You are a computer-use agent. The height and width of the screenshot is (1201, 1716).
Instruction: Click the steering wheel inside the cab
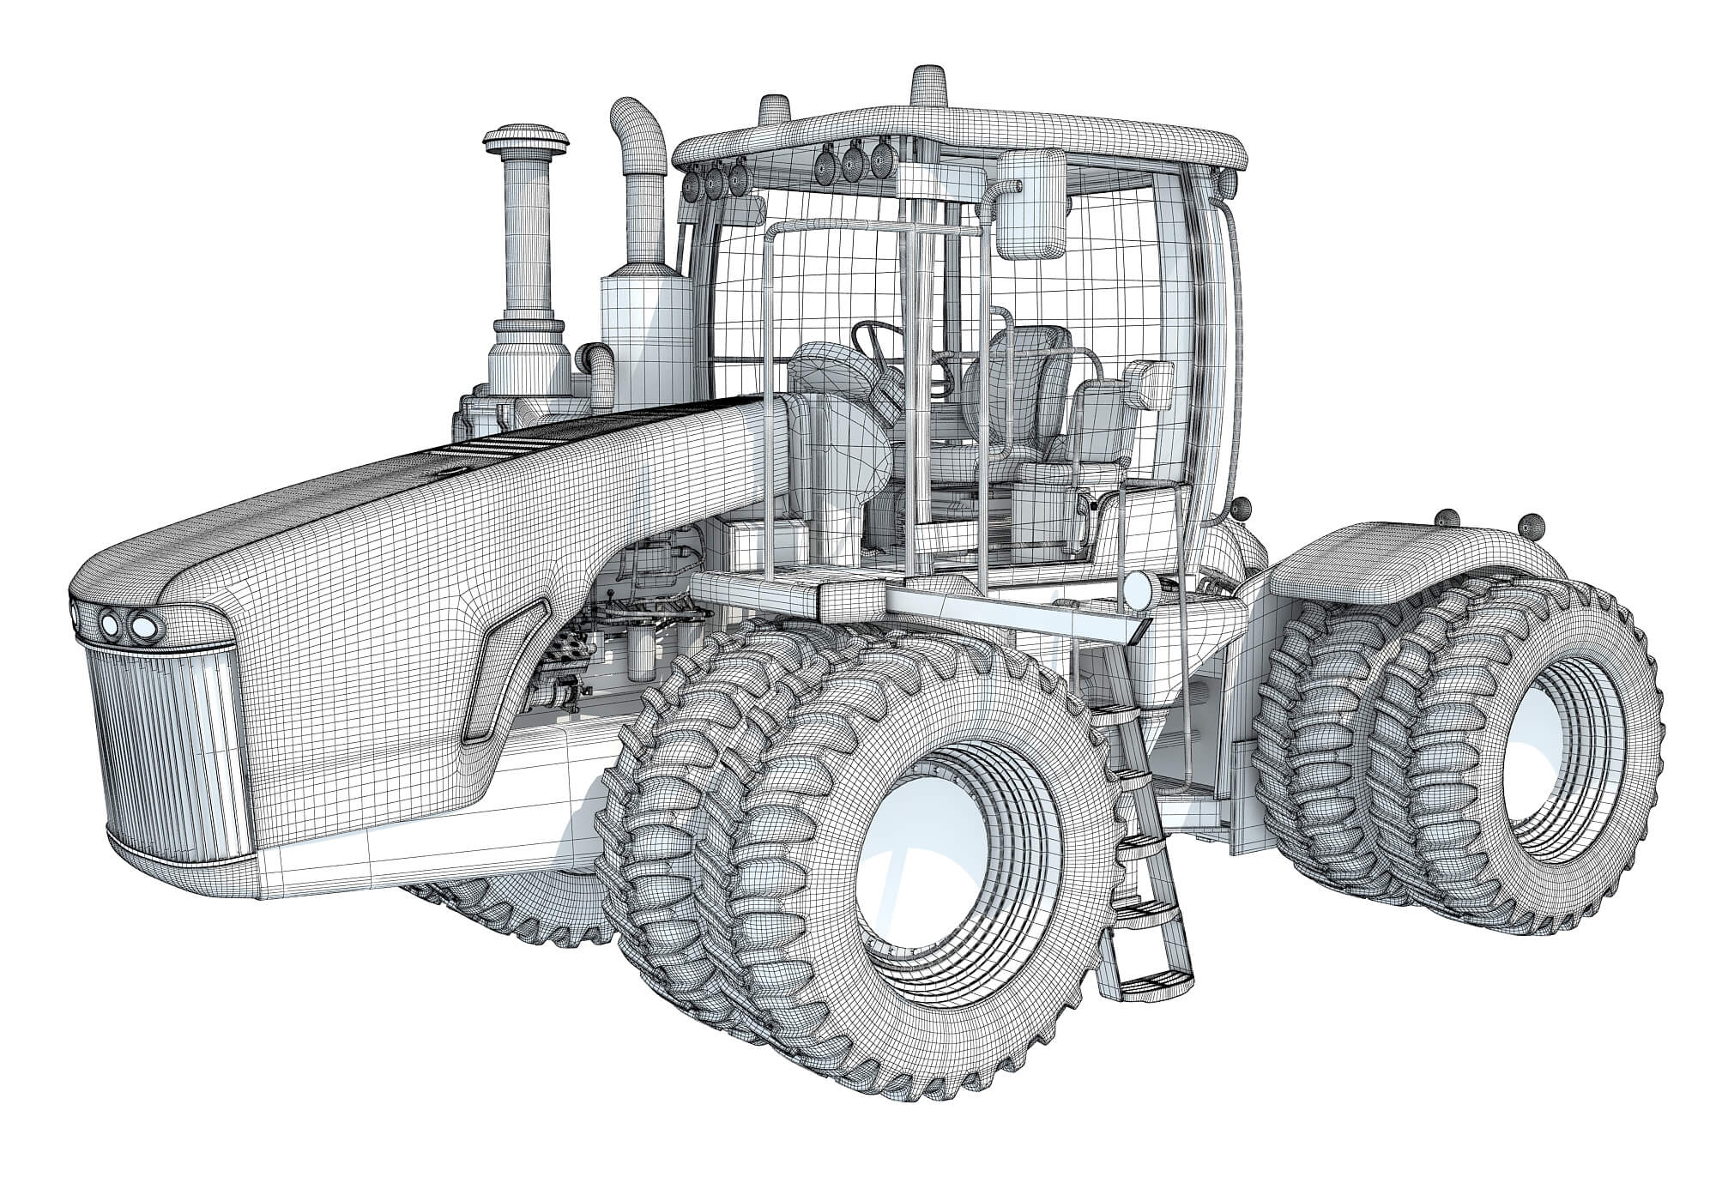(875, 340)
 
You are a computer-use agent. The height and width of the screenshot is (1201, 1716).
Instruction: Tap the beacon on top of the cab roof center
(928, 86)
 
